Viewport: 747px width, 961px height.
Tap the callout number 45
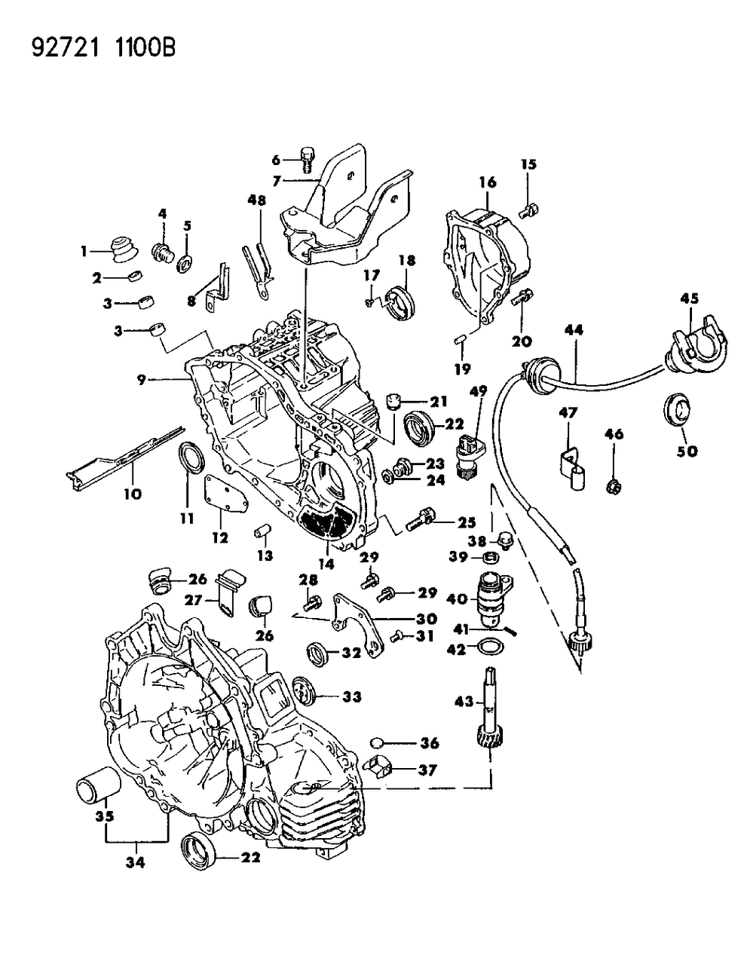[x=690, y=298]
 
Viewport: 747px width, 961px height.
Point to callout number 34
[x=136, y=861]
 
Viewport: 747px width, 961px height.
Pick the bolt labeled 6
[x=306, y=159]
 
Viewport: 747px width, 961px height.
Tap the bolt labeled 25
[x=419, y=521]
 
